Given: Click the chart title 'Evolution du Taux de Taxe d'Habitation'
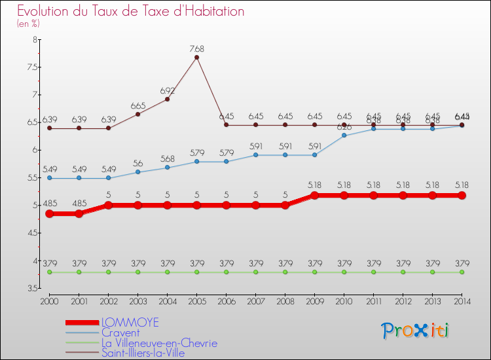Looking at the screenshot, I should pyautogui.click(x=131, y=12).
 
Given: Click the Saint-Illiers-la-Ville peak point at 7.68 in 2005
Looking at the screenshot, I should pyautogui.click(x=196, y=57).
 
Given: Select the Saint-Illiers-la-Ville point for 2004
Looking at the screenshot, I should pyautogui.click(x=167, y=99).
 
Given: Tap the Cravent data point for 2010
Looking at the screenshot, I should pyautogui.click(x=344, y=135).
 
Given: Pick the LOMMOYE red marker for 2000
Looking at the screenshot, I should pyautogui.click(x=49, y=213).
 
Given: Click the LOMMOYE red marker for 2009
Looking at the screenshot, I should pyautogui.click(x=314, y=195).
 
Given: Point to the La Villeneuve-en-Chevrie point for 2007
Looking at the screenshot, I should pyautogui.click(x=255, y=272).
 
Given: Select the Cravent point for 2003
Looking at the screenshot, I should pyautogui.click(x=137, y=171).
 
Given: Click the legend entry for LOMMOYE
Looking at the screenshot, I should pyautogui.click(x=130, y=323).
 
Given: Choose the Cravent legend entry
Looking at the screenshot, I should pyautogui.click(x=120, y=333).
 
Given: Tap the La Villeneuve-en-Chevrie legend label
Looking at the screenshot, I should pyautogui.click(x=159, y=343).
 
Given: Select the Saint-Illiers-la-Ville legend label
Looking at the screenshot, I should pyautogui.click(x=143, y=353).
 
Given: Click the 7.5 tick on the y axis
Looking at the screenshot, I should pyautogui.click(x=31, y=67).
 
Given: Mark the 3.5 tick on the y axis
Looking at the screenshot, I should pyautogui.click(x=31, y=288).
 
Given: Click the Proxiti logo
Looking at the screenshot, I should pyautogui.click(x=416, y=331).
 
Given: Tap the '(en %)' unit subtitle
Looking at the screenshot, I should pyautogui.click(x=28, y=24).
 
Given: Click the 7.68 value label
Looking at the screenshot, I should pyautogui.click(x=196, y=48).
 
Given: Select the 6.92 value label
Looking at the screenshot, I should pyautogui.click(x=167, y=90).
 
